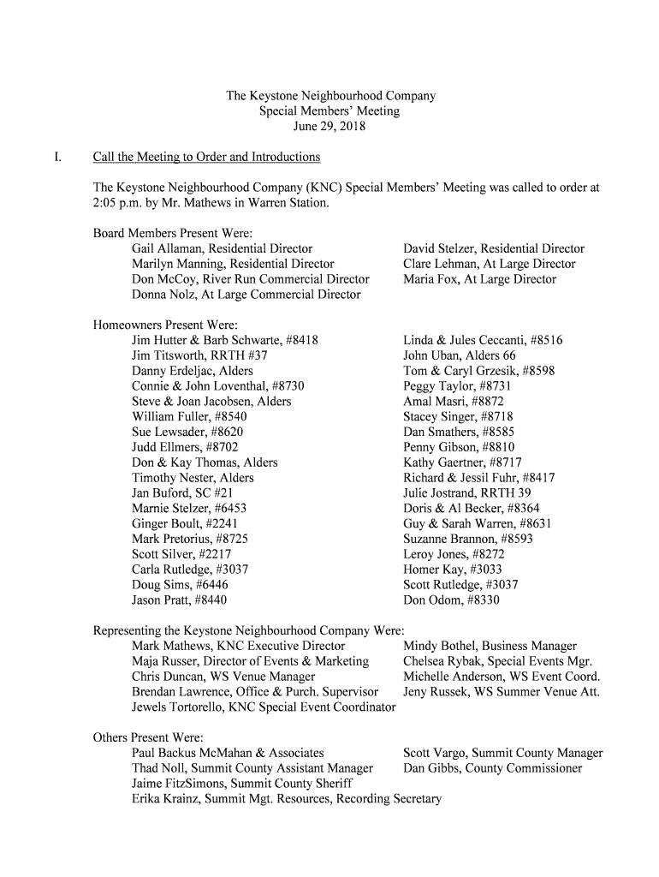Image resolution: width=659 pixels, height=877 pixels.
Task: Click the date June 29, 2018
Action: point(329,127)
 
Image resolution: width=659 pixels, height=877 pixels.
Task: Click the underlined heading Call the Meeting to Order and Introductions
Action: point(206,157)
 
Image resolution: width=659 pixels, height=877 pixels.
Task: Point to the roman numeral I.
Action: point(56,157)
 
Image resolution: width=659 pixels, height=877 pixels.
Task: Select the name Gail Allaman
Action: point(167,248)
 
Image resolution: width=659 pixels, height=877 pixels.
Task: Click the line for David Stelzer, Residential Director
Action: point(494,248)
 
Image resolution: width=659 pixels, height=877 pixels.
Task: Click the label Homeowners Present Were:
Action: point(164,325)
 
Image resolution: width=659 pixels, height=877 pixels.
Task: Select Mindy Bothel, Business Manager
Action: point(490,646)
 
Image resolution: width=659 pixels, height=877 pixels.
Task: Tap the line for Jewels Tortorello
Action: point(264,707)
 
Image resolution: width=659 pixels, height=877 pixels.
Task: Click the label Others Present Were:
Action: point(147,737)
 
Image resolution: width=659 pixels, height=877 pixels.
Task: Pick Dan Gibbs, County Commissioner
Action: point(492,768)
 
